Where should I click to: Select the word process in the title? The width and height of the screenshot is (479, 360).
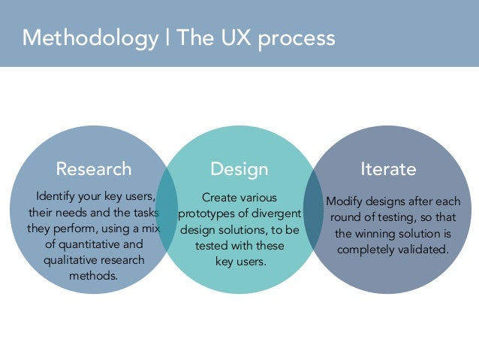292,38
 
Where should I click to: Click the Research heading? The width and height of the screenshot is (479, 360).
94,168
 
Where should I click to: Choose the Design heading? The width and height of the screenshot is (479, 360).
239,168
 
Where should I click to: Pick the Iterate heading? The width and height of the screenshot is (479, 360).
388,168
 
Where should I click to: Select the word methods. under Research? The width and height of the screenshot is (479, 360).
94,276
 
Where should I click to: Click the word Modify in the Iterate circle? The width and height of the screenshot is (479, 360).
344,202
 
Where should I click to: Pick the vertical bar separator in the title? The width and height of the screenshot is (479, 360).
167,38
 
